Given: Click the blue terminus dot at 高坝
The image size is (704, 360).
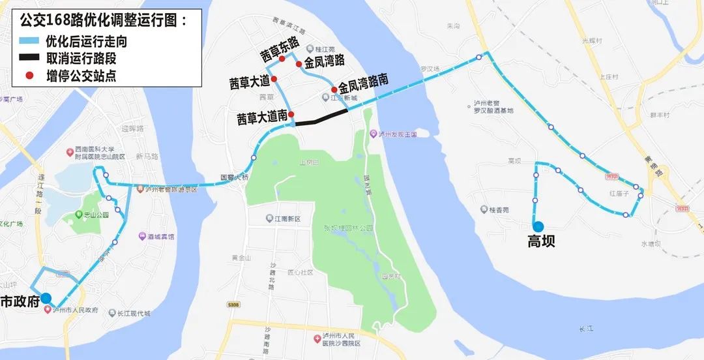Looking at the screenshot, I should (x=538, y=226).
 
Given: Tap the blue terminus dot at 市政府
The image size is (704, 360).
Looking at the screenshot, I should (x=46, y=299).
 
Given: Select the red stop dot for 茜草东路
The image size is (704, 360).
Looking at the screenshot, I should (x=282, y=59).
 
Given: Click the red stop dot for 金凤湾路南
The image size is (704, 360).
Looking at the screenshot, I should (x=334, y=89).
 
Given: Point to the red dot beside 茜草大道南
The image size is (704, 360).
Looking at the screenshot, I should (x=291, y=114).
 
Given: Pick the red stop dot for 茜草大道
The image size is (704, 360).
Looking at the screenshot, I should (x=274, y=79).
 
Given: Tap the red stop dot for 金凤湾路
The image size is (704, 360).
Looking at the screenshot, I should (x=299, y=64).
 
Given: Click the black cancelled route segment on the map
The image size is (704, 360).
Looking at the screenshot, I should (x=321, y=117).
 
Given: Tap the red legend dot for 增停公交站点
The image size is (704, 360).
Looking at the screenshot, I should (x=29, y=76).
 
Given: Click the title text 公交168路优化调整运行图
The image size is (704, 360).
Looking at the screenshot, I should (x=104, y=20).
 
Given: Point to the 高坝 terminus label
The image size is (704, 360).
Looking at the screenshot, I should (x=541, y=242).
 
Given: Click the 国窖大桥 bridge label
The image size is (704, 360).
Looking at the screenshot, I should (x=234, y=176).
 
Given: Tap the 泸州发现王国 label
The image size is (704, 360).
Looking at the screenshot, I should (x=397, y=134).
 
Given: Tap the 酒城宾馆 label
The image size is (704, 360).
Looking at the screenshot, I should (x=160, y=237).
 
